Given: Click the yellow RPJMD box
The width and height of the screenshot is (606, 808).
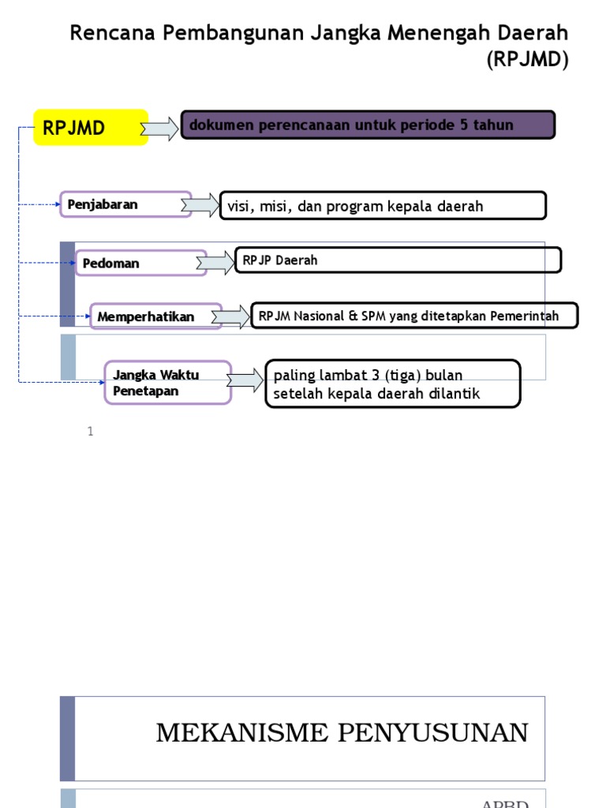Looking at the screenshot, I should pyautogui.click(x=91, y=128).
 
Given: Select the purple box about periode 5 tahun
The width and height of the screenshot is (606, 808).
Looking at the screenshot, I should pyautogui.click(x=368, y=125).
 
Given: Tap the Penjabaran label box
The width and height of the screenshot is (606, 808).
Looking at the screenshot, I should pyautogui.click(x=125, y=204).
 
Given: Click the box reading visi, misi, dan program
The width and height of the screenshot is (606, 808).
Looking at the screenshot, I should pyautogui.click(x=383, y=206).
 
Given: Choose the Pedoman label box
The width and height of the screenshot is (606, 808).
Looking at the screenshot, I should pyautogui.click(x=140, y=263).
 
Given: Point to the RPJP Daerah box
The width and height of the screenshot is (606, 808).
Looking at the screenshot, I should pyautogui.click(x=398, y=260).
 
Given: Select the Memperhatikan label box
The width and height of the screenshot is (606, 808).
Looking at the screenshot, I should pyautogui.click(x=155, y=316).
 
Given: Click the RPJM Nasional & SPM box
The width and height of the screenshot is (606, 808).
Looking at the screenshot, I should pyautogui.click(x=413, y=316).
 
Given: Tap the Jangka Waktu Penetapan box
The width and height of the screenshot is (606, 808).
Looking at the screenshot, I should pyautogui.click(x=168, y=383).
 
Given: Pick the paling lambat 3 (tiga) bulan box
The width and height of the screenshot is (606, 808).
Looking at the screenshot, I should pyautogui.click(x=393, y=384).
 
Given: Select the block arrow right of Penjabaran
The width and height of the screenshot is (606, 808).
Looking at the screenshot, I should pyautogui.click(x=200, y=205).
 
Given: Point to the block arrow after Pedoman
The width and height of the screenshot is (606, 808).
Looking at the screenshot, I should pyautogui.click(x=215, y=262).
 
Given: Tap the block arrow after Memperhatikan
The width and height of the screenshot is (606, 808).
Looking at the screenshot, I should pyautogui.click(x=230, y=316).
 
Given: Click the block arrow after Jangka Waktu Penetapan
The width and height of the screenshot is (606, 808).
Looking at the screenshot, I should pyautogui.click(x=245, y=381).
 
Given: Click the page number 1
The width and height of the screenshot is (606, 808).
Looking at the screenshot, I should pyautogui.click(x=91, y=431).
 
